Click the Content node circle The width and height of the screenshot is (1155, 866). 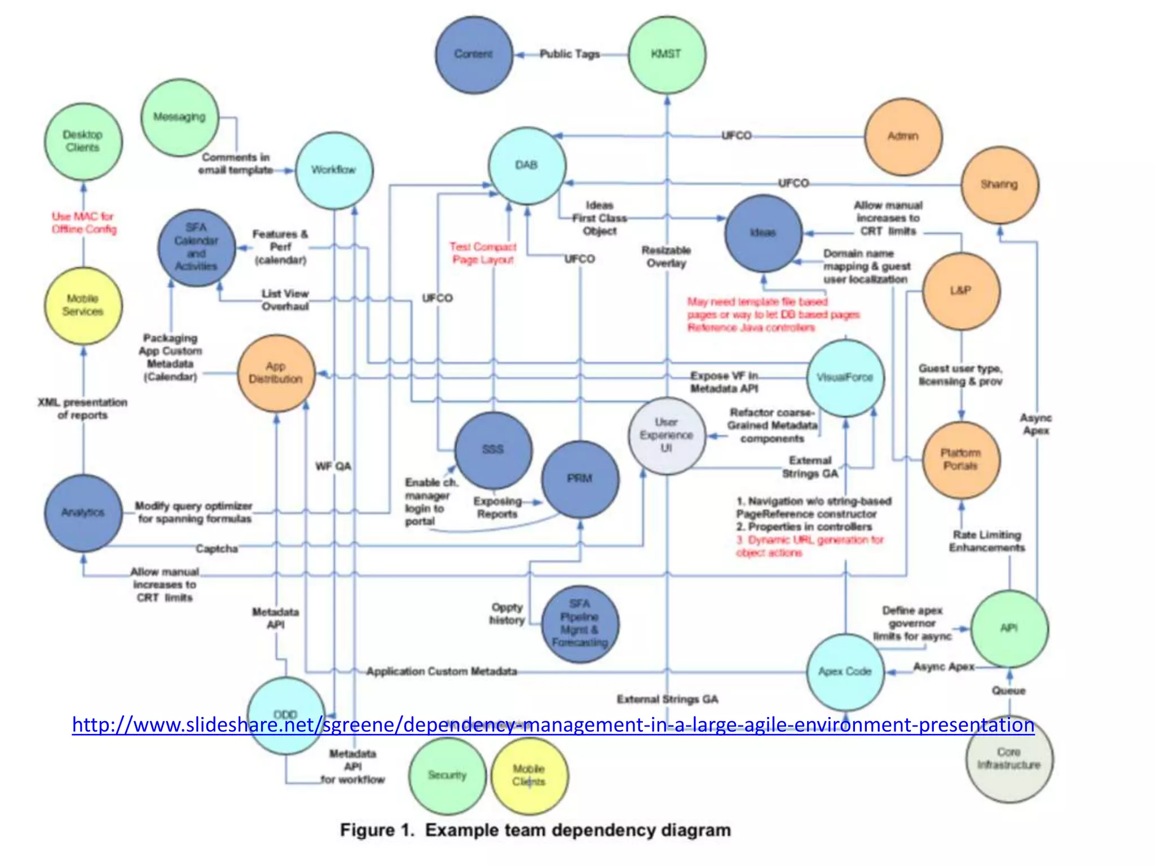click(474, 55)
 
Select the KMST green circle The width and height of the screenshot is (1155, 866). click(667, 55)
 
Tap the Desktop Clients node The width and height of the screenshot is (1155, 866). click(83, 142)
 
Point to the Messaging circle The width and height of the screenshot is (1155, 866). click(179, 117)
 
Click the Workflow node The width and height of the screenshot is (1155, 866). click(334, 170)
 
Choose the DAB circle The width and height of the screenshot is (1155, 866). click(527, 165)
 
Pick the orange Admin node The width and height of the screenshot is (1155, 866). click(903, 136)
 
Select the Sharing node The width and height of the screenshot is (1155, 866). click(999, 185)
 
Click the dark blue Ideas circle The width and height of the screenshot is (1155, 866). click(763, 233)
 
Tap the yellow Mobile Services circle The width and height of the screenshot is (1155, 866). click(83, 306)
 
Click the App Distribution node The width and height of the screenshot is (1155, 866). click(276, 373)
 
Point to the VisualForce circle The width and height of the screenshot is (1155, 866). click(845, 378)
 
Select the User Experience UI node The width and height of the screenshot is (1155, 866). click(667, 435)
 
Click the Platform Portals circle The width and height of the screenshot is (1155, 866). click(960, 460)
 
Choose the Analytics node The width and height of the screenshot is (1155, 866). click(83, 512)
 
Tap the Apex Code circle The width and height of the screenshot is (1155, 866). click(845, 671)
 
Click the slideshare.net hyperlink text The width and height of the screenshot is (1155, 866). click(553, 724)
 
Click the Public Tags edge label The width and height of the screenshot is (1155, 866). click(570, 54)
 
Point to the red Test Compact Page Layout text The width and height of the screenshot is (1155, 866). click(483, 253)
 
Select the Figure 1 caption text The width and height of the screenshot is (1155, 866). click(535, 830)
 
